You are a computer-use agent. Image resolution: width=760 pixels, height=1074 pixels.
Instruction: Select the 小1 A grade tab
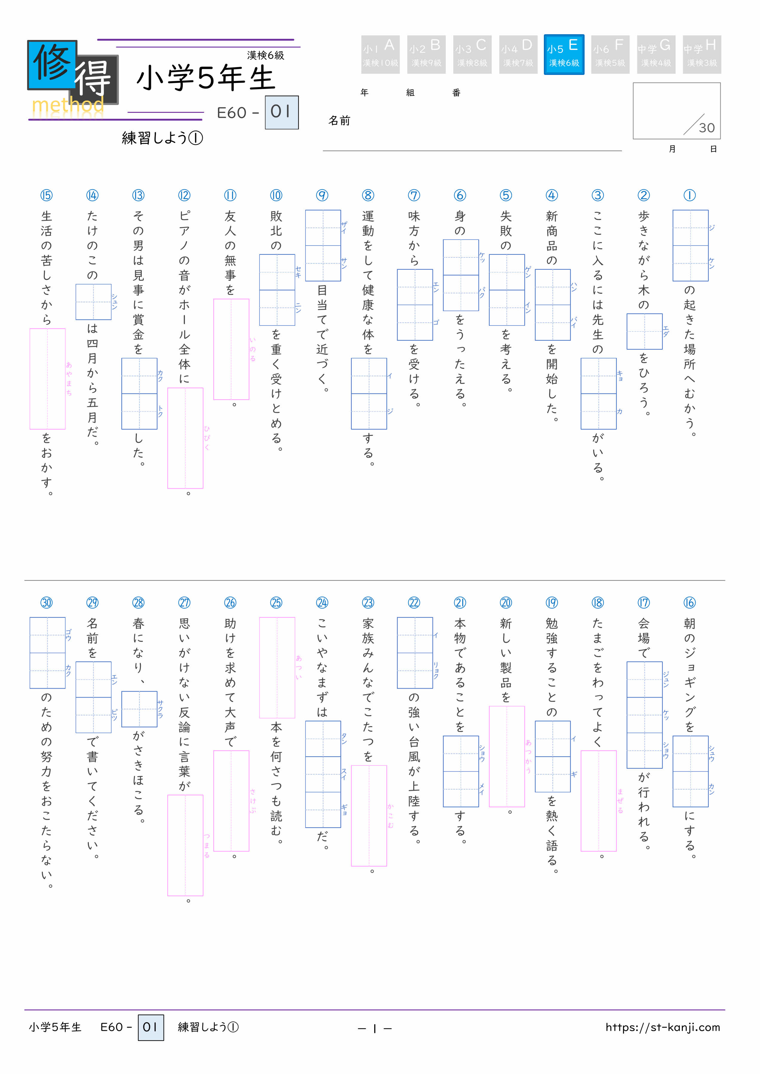click(x=380, y=54)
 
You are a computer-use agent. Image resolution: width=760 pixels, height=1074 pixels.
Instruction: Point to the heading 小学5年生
click(x=205, y=78)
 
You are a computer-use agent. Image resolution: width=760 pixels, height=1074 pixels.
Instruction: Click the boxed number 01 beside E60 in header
click(x=281, y=112)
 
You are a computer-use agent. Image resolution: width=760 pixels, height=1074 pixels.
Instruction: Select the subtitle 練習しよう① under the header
click(x=162, y=138)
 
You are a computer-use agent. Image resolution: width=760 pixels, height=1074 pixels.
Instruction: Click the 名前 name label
click(x=339, y=121)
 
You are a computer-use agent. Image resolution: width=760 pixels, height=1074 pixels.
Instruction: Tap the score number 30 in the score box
click(x=706, y=128)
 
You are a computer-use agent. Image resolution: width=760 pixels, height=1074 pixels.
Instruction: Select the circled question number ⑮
click(x=46, y=195)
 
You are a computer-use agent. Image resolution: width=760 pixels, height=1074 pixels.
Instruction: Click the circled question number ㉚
click(x=46, y=603)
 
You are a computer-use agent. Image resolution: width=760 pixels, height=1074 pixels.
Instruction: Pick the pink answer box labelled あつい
click(x=277, y=667)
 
